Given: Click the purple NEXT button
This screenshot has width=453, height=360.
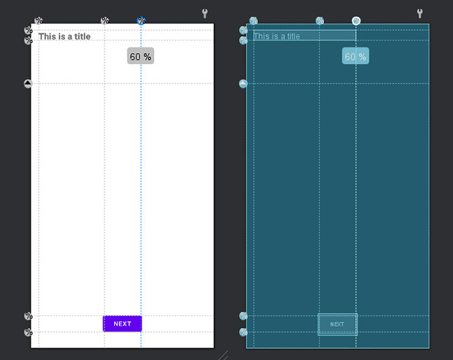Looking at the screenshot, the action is [123, 324].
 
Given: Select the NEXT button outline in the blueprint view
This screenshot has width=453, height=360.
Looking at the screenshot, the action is [337, 314].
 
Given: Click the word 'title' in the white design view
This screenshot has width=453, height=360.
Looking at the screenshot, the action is [83, 37].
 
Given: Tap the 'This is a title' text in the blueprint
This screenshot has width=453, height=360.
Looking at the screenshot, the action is [277, 36].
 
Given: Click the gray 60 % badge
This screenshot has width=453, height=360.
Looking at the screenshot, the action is [140, 56].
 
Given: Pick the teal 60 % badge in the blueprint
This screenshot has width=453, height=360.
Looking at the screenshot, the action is [355, 56].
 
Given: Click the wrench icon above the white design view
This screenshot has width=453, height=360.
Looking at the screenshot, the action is [204, 13].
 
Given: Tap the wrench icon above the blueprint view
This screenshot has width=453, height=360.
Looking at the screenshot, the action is [420, 13].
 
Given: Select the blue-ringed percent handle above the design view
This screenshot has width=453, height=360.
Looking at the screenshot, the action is [141, 20].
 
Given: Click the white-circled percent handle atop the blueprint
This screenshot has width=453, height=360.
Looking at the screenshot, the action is [356, 21].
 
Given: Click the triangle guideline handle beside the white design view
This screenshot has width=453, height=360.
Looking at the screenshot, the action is [28, 84].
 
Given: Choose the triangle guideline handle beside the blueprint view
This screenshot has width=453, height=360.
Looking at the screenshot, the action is [243, 84].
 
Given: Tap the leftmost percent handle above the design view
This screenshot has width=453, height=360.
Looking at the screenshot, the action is [38, 20].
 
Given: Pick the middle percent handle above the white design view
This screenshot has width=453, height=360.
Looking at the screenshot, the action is [105, 20].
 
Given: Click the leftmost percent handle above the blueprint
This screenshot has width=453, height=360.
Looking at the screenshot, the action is [254, 20].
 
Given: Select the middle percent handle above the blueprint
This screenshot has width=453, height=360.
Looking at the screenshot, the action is [319, 20].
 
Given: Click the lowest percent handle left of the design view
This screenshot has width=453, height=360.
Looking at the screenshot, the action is [29, 332].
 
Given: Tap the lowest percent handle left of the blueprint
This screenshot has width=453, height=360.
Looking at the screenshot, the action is [243, 332].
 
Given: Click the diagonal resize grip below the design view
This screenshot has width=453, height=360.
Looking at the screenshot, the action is [223, 355].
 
